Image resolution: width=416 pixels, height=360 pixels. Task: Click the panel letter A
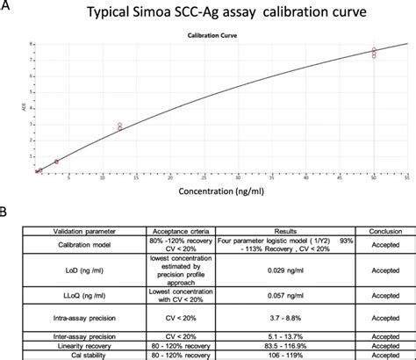point(7,8)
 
